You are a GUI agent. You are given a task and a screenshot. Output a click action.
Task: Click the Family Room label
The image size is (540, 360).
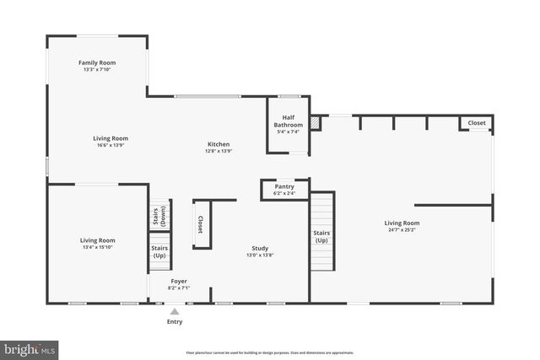[97, 62]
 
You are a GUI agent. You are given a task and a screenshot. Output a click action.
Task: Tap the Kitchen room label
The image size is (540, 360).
[218, 144]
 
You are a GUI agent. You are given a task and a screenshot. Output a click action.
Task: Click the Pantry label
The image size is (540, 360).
[284, 186]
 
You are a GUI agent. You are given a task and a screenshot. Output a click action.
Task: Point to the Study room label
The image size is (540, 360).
[260, 248]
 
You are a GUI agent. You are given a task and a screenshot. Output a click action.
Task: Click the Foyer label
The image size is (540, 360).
[179, 281]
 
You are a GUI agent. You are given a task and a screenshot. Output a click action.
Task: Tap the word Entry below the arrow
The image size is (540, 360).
[175, 321]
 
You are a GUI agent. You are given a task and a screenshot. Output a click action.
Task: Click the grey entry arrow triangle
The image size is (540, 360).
[175, 311]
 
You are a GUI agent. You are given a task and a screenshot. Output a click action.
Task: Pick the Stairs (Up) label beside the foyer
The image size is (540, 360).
[159, 251]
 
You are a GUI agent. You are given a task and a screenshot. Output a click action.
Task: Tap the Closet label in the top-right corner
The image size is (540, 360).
[477, 123]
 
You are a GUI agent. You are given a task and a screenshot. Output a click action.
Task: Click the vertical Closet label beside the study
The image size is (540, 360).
[200, 224]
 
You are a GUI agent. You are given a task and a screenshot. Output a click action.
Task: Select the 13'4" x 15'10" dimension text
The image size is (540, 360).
[97, 247]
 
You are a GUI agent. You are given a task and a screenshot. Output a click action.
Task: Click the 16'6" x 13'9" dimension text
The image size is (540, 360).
[111, 145]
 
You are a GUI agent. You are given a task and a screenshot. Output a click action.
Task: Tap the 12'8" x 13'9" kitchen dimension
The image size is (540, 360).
[218, 151]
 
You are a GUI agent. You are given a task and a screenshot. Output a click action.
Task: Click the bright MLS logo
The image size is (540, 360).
[29, 347]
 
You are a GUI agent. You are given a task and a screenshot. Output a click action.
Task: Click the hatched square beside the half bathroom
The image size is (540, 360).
[316, 123]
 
